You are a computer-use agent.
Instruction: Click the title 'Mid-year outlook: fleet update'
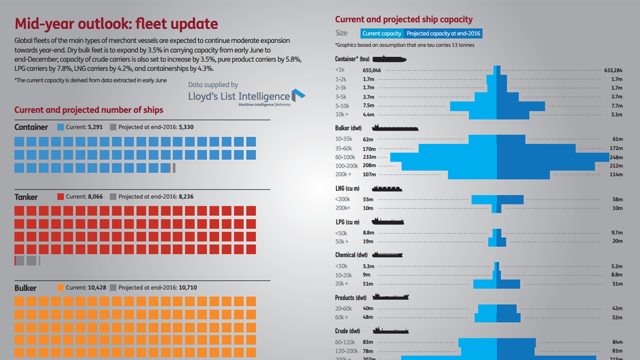(x=116, y=24)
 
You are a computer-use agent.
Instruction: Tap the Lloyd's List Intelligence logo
(x=246, y=98)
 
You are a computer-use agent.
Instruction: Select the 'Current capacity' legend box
(x=382, y=34)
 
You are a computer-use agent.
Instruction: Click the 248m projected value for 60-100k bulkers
(x=616, y=157)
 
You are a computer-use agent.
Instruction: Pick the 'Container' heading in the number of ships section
(x=31, y=127)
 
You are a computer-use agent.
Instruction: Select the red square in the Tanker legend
(x=60, y=197)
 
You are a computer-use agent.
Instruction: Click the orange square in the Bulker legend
(x=60, y=287)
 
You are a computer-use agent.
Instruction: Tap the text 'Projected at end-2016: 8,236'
(x=156, y=197)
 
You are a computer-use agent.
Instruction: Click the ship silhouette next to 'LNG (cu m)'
(x=387, y=189)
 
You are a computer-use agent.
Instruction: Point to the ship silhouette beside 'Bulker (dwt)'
(x=395, y=128)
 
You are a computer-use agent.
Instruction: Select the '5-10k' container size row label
(x=343, y=106)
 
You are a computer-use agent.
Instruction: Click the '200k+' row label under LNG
(x=343, y=207)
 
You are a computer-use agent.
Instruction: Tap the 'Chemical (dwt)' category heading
(x=352, y=255)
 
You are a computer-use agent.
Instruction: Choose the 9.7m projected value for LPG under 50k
(x=617, y=233)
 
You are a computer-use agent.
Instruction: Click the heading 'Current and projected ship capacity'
(x=404, y=20)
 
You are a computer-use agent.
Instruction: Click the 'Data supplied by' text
(x=213, y=85)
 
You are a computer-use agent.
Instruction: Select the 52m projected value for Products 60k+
(x=617, y=317)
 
